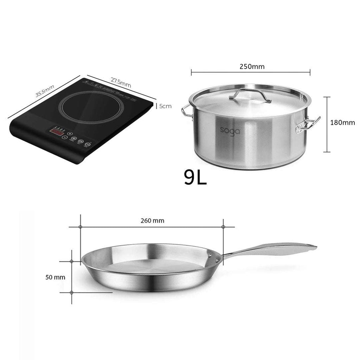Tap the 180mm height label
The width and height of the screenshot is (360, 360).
[342, 123]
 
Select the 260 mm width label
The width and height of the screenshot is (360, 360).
[152, 221]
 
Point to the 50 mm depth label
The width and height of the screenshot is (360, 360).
[55, 277]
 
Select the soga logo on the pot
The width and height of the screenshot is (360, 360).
[230, 130]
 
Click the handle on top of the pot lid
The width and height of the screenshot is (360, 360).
[250, 94]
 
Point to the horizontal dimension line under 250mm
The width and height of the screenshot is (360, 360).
[251, 73]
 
